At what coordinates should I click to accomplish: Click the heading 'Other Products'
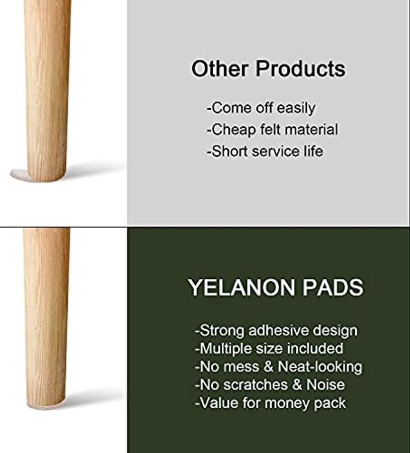(x=268, y=68)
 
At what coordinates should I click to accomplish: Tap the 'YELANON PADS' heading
(x=276, y=287)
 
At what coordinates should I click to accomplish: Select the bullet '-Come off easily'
(x=261, y=108)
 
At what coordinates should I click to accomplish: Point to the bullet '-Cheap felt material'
(x=272, y=130)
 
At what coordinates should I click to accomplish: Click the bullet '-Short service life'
(x=265, y=152)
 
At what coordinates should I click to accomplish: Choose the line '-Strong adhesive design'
(x=276, y=331)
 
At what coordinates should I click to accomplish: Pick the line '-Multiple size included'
(x=269, y=348)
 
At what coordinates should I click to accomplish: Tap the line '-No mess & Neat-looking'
(x=278, y=366)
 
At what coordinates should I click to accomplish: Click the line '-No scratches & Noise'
(x=270, y=385)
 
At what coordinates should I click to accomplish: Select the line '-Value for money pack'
(x=270, y=403)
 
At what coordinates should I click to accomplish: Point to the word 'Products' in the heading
(x=300, y=68)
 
